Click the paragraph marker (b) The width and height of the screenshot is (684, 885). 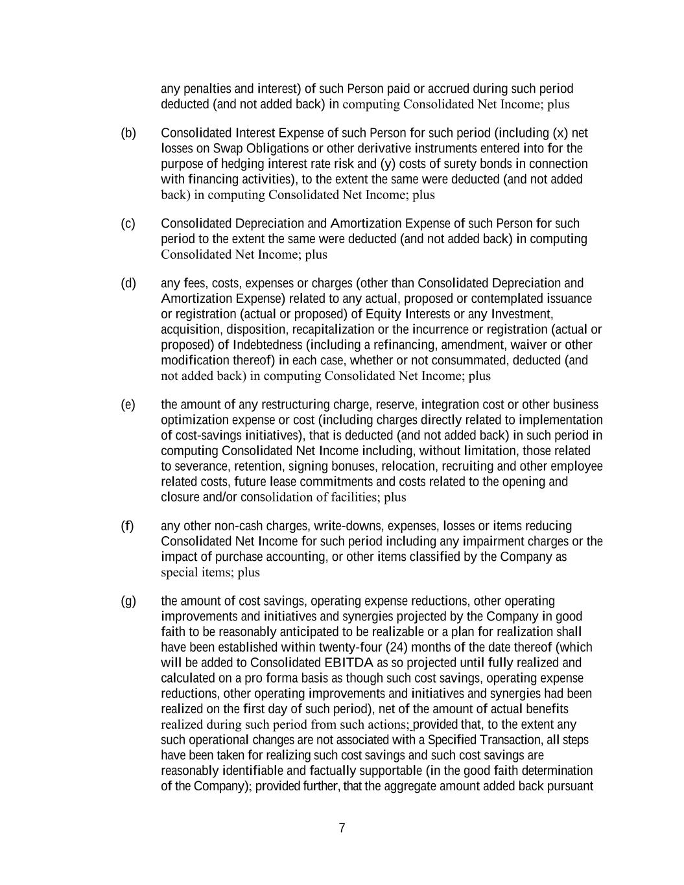(x=128, y=133)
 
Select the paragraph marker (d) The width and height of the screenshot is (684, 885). (x=128, y=283)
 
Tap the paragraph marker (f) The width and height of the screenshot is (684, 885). (x=128, y=526)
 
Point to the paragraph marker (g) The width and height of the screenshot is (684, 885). (x=128, y=601)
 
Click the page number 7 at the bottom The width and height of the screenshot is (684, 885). (x=342, y=828)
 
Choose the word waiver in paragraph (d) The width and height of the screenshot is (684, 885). (x=528, y=345)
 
